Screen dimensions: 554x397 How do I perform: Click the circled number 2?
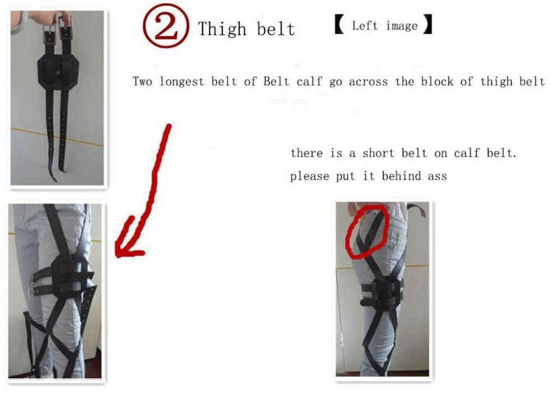point(166,26)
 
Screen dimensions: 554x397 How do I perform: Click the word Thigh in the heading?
point(222,29)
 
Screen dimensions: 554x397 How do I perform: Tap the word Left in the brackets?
point(365,26)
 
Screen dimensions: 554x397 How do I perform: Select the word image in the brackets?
point(402,26)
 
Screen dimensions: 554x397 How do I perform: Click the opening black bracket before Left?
point(340,24)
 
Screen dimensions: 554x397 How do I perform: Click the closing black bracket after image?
point(428,24)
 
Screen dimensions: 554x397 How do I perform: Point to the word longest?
point(182,82)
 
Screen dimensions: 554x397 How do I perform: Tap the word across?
point(368,82)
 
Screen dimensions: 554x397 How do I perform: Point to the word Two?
point(142,82)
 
